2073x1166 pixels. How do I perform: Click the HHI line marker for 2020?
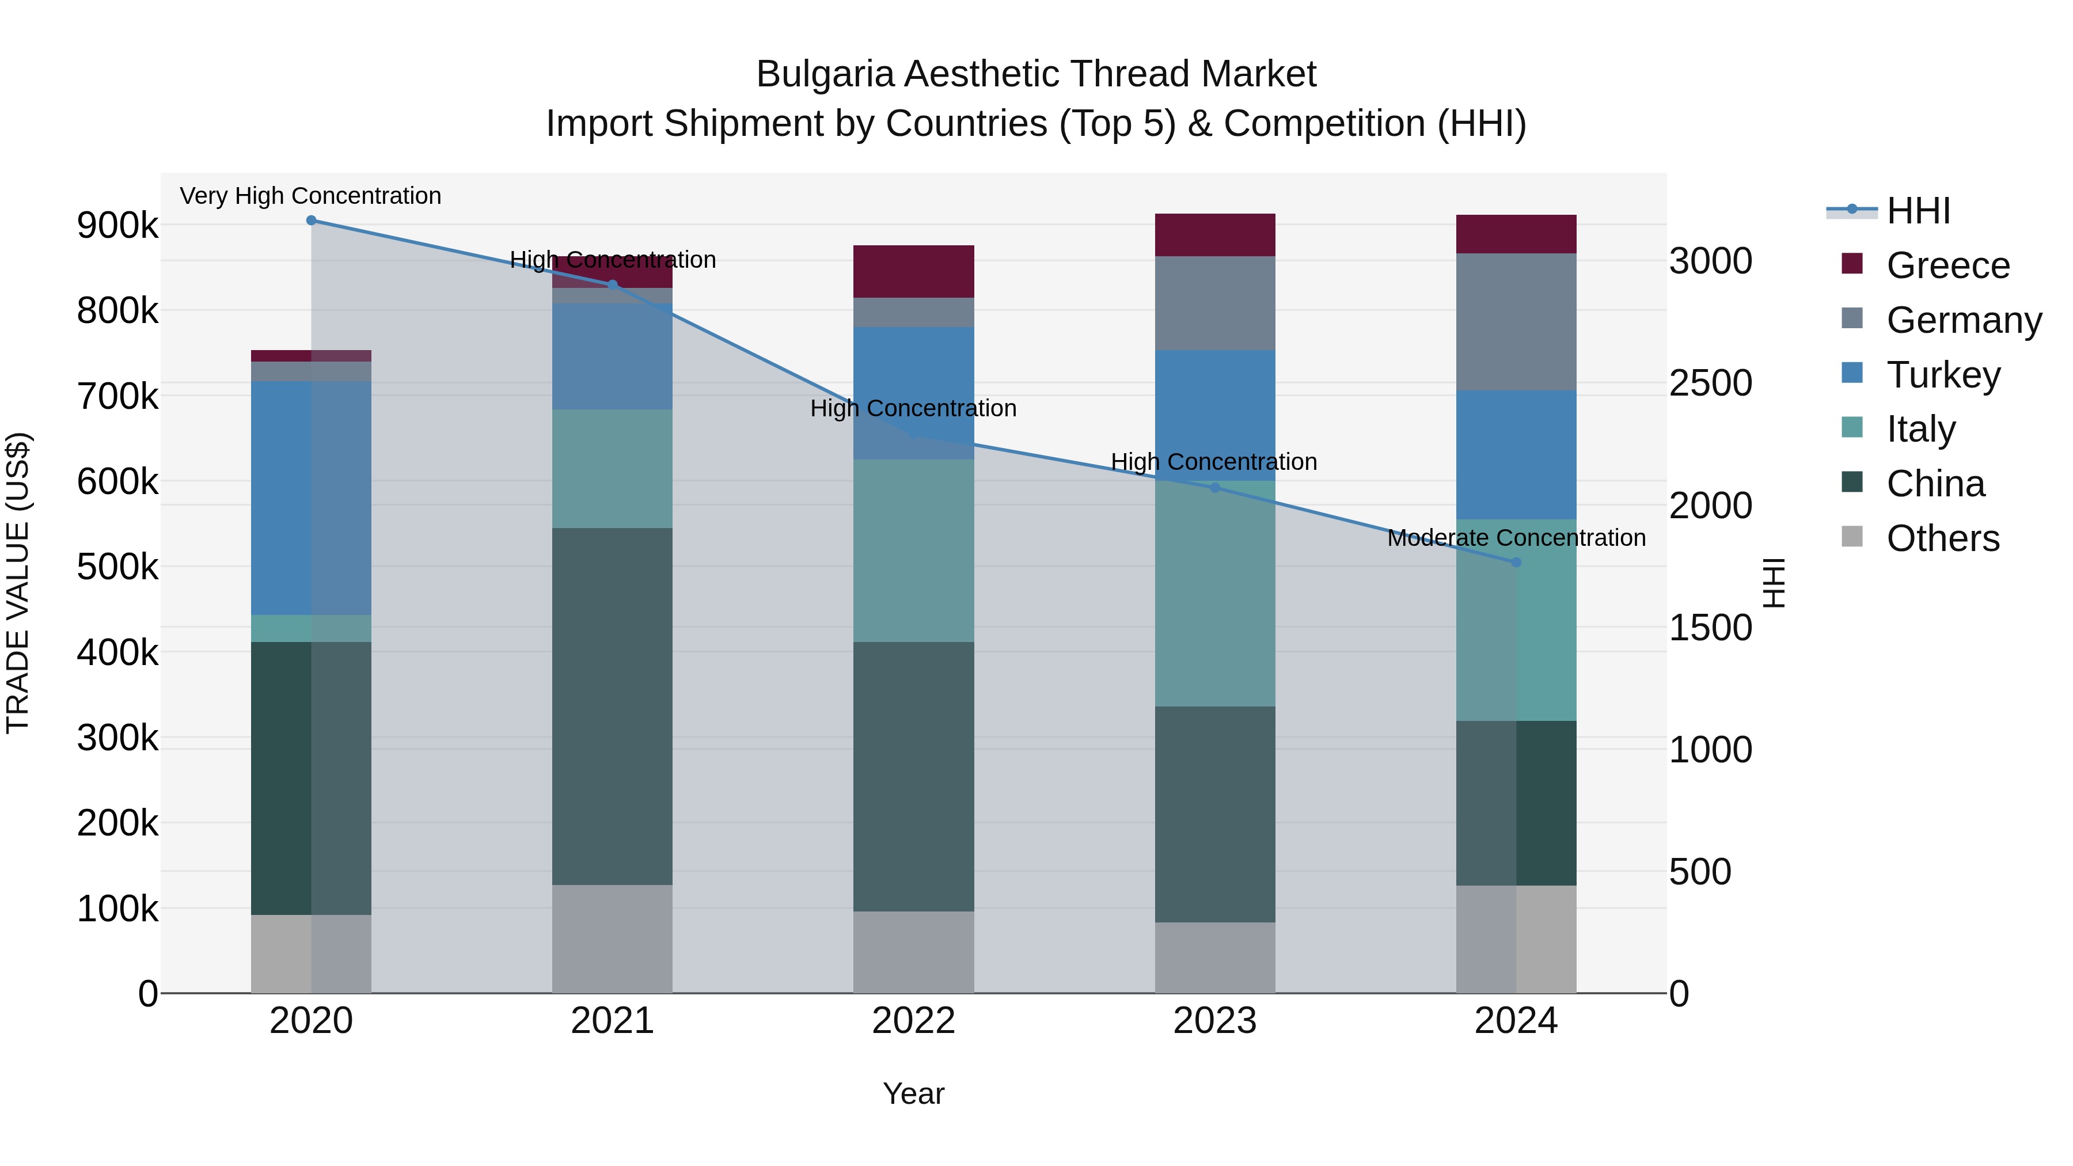tap(312, 221)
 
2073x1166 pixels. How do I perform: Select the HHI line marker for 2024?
tap(1516, 563)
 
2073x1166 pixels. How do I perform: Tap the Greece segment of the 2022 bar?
tap(913, 271)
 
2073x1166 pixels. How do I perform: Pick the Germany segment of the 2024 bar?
tap(1516, 322)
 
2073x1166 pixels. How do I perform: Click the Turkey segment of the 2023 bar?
tap(1215, 415)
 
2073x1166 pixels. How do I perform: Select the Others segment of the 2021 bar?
tap(613, 939)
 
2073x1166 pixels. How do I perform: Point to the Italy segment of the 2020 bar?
tap(312, 628)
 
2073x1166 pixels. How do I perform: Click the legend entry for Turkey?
tap(1943, 375)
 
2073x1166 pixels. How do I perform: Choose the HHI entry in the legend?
tap(1918, 211)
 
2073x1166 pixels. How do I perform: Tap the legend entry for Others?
tap(1943, 538)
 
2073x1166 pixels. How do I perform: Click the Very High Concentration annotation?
tap(310, 196)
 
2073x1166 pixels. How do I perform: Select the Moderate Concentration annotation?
tap(1516, 538)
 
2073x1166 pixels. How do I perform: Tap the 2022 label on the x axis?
tap(913, 1021)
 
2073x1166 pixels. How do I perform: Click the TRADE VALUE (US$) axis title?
tap(18, 583)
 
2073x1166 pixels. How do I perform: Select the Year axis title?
tap(913, 1093)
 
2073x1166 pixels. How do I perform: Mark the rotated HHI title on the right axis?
tap(1773, 583)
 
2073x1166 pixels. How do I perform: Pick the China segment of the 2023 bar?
tap(1215, 814)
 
